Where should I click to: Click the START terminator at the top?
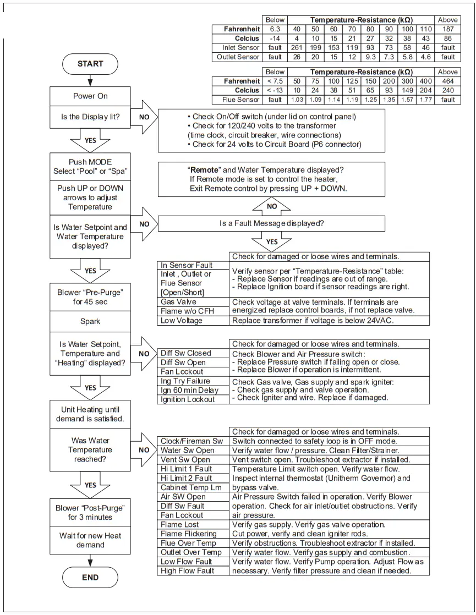coord(90,63)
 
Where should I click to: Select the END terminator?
coord(90,577)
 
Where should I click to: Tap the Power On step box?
coord(90,96)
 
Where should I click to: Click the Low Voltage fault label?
coord(181,320)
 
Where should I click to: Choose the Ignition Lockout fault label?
coord(188,399)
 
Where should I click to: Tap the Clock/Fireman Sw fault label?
coord(192,441)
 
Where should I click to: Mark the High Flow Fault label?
coord(187,571)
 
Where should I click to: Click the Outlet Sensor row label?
coord(238,57)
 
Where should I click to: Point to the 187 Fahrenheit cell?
coord(448,29)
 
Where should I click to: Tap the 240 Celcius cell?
coord(448,90)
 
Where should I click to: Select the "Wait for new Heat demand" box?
coord(90,540)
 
